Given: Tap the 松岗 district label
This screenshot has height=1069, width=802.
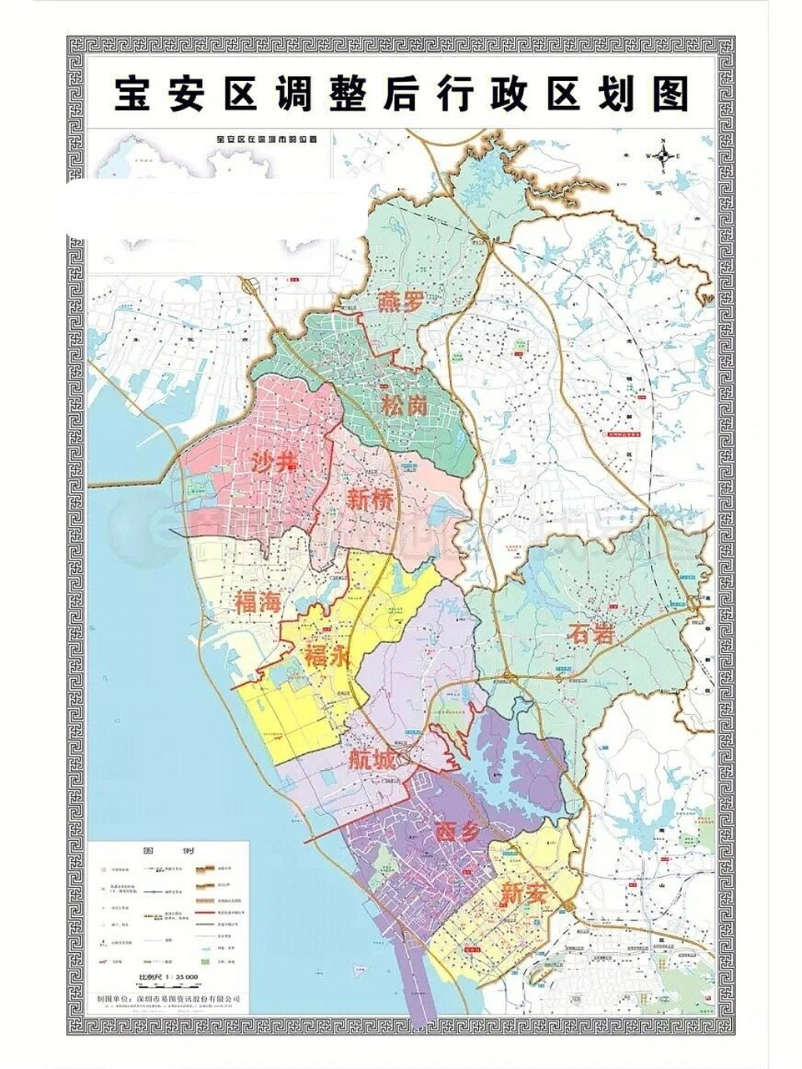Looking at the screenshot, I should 405,407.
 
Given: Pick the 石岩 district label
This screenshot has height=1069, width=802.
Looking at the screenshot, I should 592,634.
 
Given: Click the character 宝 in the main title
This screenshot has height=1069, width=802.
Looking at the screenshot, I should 134,96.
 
